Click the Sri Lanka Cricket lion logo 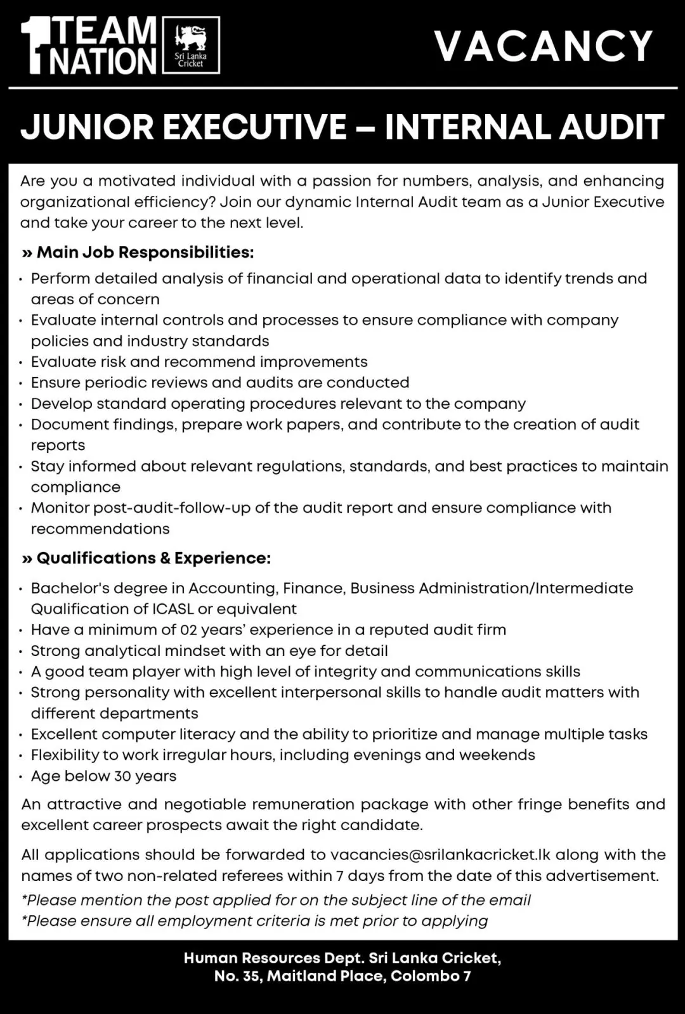tap(191, 45)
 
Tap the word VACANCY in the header tap(544, 46)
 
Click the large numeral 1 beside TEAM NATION tap(34, 46)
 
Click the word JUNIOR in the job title tap(86, 127)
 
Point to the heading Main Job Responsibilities tap(145, 252)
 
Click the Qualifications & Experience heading tap(153, 558)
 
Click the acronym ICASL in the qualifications tap(173, 609)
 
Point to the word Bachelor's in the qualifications tap(68, 588)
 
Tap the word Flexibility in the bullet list tap(66, 755)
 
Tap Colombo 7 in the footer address tap(431, 976)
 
